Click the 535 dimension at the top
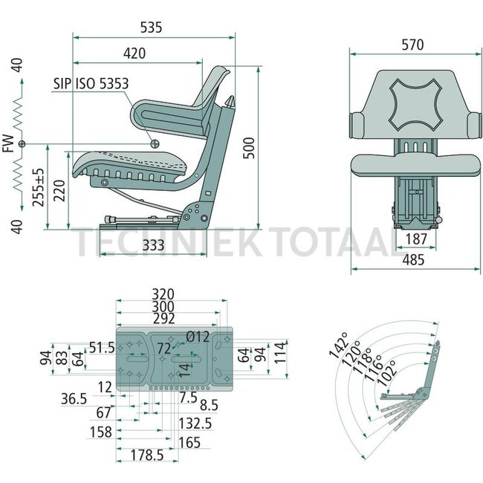pos(151,27)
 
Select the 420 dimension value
pos(134,54)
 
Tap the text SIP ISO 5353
pos(91,84)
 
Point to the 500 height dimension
pos(249,148)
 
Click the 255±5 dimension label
pos(39,187)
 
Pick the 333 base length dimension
pos(153,245)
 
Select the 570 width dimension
pos(412,45)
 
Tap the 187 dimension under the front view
pos(416,239)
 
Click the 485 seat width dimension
pos(413,260)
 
